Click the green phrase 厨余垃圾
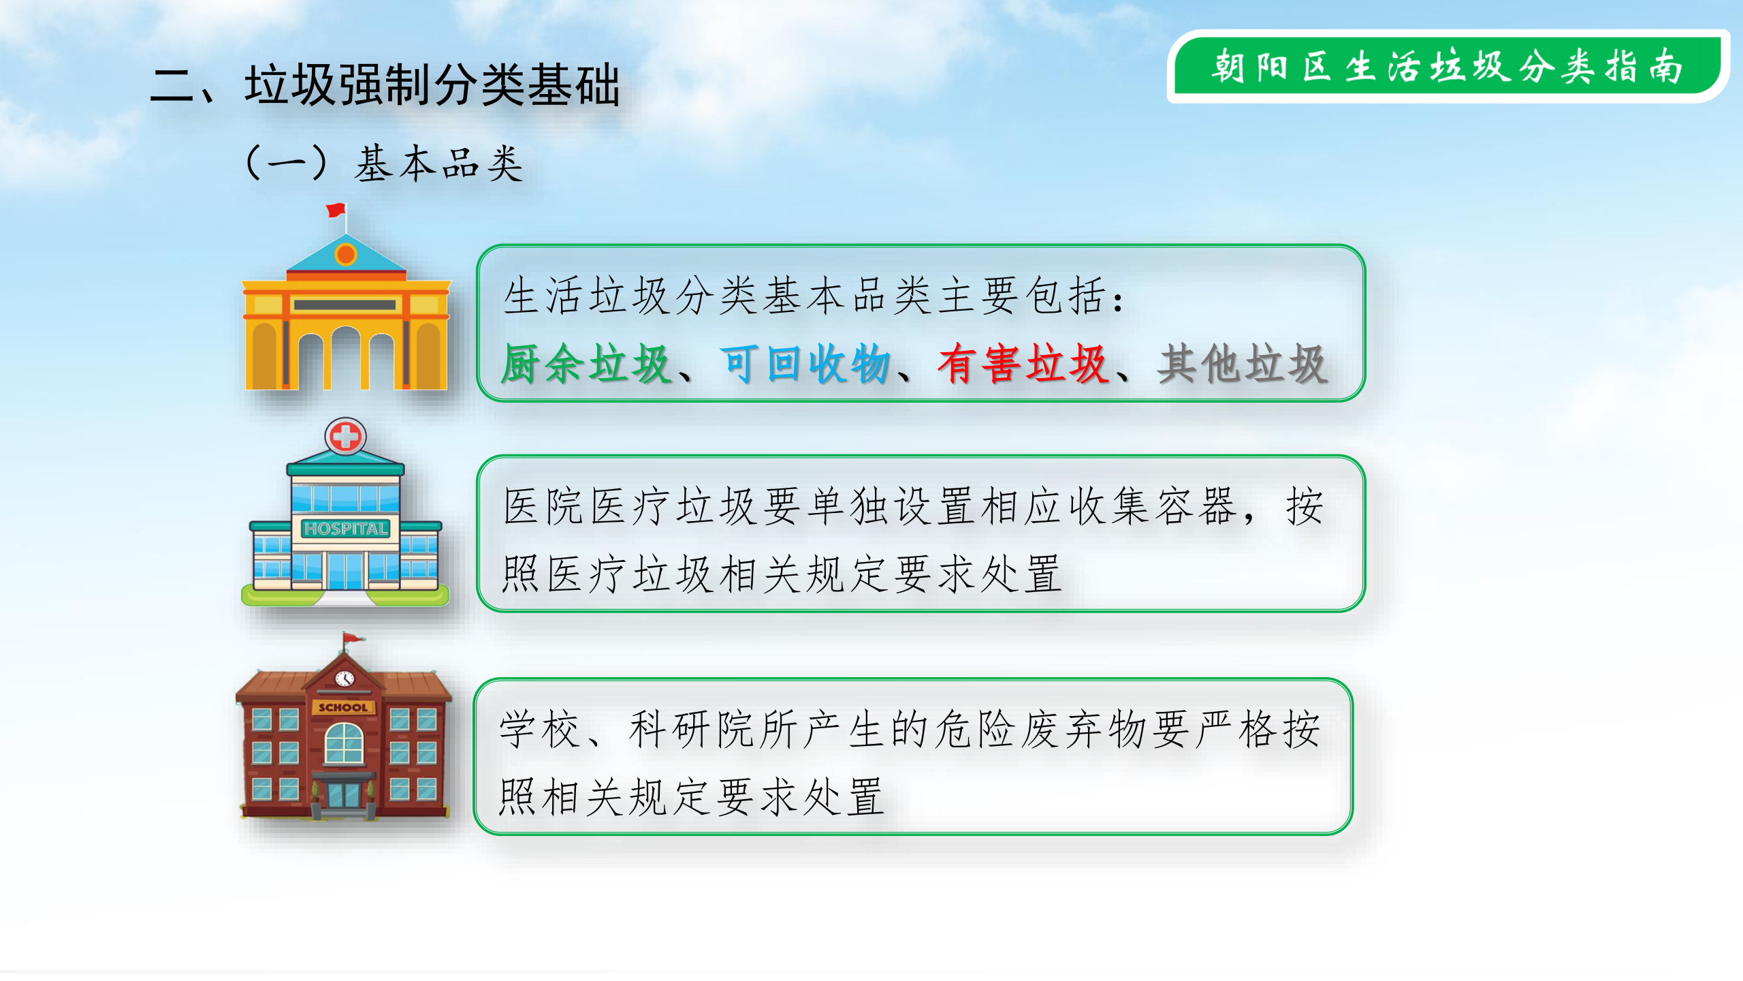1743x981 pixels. click(x=586, y=364)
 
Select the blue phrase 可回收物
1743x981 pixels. click(x=805, y=364)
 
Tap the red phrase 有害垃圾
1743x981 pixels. click(x=1023, y=364)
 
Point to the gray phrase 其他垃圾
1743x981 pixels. click(x=1243, y=364)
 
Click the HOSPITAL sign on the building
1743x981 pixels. click(x=346, y=529)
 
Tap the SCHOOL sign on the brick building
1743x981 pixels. click(x=343, y=707)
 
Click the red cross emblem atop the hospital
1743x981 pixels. click(x=346, y=436)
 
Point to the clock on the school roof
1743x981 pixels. click(x=345, y=679)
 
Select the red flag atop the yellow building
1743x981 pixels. click(x=336, y=210)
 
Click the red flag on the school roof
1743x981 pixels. click(x=353, y=638)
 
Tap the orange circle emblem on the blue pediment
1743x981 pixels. click(x=346, y=255)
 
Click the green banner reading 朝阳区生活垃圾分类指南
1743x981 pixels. click(x=1448, y=67)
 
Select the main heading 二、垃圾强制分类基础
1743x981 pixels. click(x=385, y=86)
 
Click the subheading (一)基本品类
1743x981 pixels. click(x=385, y=164)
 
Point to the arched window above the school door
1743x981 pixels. click(x=345, y=743)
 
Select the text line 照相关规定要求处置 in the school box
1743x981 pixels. click(x=692, y=796)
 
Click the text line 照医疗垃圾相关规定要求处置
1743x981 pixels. click(x=782, y=574)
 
